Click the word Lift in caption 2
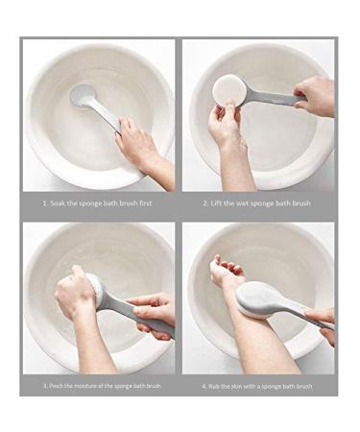click(216, 204)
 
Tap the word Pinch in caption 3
click(58, 386)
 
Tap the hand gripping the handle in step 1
click(137, 146)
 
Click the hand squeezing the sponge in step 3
click(75, 293)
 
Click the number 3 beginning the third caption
click(45, 386)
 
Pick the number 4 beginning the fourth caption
click(204, 386)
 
